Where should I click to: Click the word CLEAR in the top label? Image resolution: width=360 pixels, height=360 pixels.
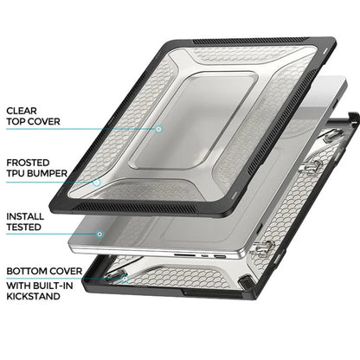click(x=22, y=111)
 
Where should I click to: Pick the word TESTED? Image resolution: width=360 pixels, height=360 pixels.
click(x=25, y=228)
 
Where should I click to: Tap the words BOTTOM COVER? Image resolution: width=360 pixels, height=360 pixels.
click(x=43, y=271)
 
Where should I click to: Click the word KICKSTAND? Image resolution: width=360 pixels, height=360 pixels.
click(x=35, y=297)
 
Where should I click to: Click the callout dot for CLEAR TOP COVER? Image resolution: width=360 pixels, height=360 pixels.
click(x=159, y=129)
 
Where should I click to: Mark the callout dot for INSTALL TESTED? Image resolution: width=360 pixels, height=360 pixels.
click(x=101, y=234)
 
